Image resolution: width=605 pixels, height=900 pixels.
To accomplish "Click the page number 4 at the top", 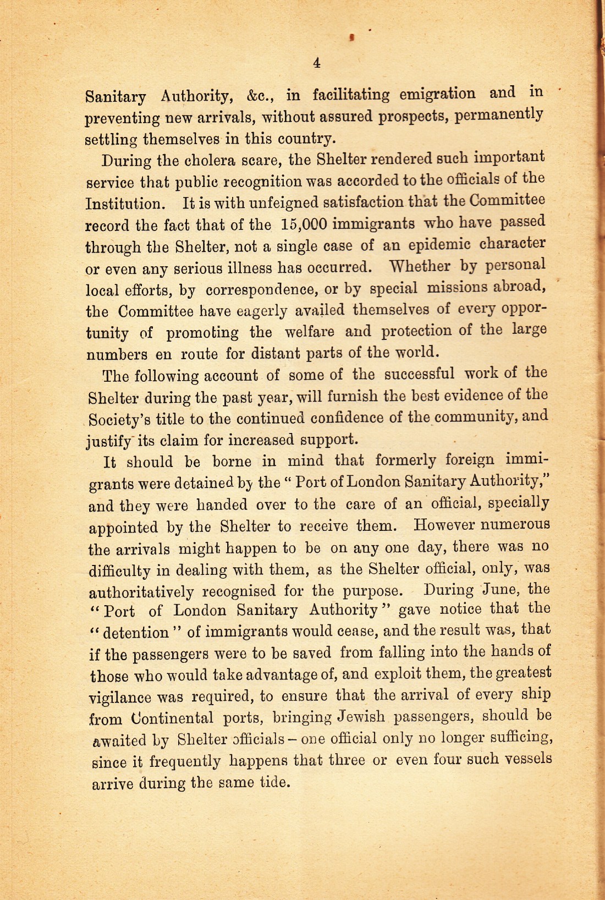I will pos(317,63).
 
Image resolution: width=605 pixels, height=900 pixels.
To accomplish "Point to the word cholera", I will pos(208,161).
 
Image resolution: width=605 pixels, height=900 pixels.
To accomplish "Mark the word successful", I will pos(419,374).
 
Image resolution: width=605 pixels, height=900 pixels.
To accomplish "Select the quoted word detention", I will pos(136,633).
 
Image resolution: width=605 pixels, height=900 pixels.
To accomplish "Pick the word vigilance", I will pos(120,698).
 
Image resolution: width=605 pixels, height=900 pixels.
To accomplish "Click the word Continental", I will pos(173,718).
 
